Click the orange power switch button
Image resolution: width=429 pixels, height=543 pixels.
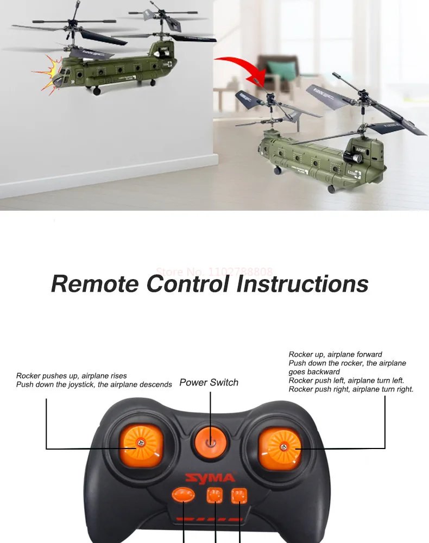(x=210, y=440)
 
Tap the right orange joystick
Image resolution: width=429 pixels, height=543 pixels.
(x=281, y=447)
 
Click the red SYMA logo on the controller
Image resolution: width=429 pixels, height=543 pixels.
(x=210, y=478)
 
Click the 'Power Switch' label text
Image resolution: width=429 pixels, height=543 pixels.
(x=209, y=382)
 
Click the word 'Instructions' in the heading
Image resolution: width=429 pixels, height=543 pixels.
(x=302, y=283)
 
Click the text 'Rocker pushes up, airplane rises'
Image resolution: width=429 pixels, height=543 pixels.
(x=72, y=376)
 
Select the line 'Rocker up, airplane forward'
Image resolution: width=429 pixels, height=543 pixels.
(x=335, y=355)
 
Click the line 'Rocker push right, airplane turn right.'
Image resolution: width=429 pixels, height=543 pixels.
(x=351, y=389)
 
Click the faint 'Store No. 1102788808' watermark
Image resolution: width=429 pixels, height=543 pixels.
(x=214, y=271)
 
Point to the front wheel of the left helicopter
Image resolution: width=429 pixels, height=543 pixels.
(x=97, y=91)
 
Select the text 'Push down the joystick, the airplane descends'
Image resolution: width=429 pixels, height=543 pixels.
(x=94, y=384)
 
